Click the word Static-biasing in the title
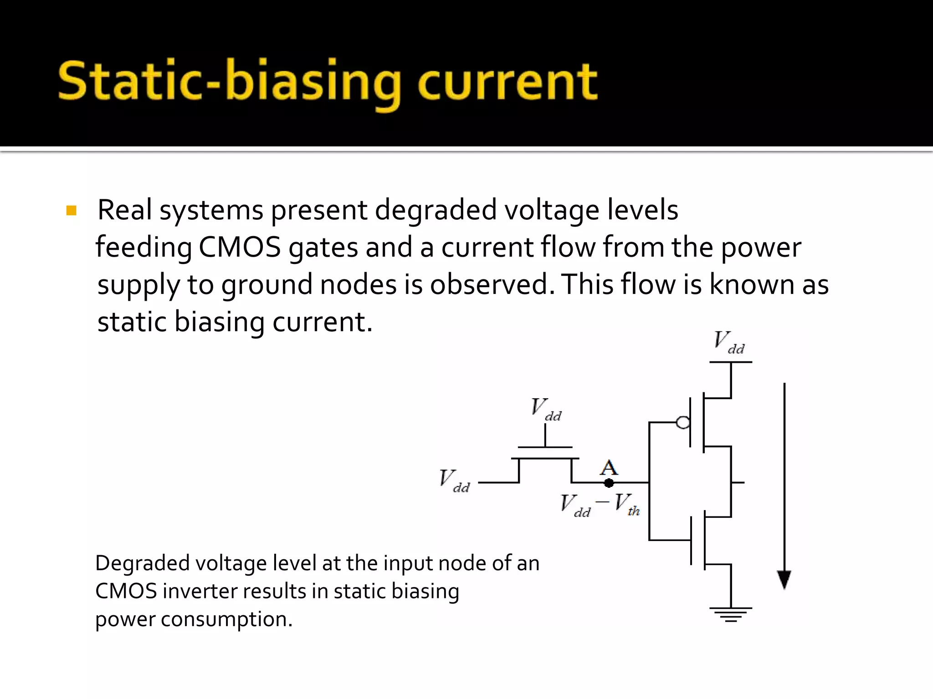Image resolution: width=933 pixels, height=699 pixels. click(228, 82)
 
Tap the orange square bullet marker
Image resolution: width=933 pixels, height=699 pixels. click(72, 210)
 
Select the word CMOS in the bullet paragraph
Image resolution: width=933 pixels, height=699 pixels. click(240, 248)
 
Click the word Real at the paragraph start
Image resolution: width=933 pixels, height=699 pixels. click(124, 210)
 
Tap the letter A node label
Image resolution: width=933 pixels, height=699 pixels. click(609, 467)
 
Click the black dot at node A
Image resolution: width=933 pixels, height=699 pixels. click(609, 483)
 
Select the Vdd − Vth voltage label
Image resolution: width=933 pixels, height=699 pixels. click(600, 505)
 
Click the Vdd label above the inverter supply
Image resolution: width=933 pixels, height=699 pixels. click(729, 342)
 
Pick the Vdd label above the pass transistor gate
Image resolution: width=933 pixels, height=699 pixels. click(546, 409)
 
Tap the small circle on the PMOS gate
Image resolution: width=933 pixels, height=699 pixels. click(683, 423)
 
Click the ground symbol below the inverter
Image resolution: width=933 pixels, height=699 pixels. click(731, 614)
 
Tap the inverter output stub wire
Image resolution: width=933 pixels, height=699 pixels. click(738, 482)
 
